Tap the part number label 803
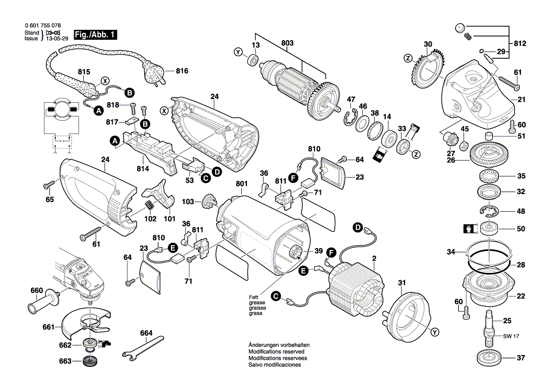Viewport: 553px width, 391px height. [287, 43]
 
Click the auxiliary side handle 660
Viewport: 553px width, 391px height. [44, 303]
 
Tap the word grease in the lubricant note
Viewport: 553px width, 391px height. [257, 302]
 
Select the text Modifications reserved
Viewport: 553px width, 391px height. [276, 352]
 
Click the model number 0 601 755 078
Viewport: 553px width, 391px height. [42, 26]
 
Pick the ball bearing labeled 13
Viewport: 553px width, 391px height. [253, 61]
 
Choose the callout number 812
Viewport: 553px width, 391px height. [519, 44]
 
